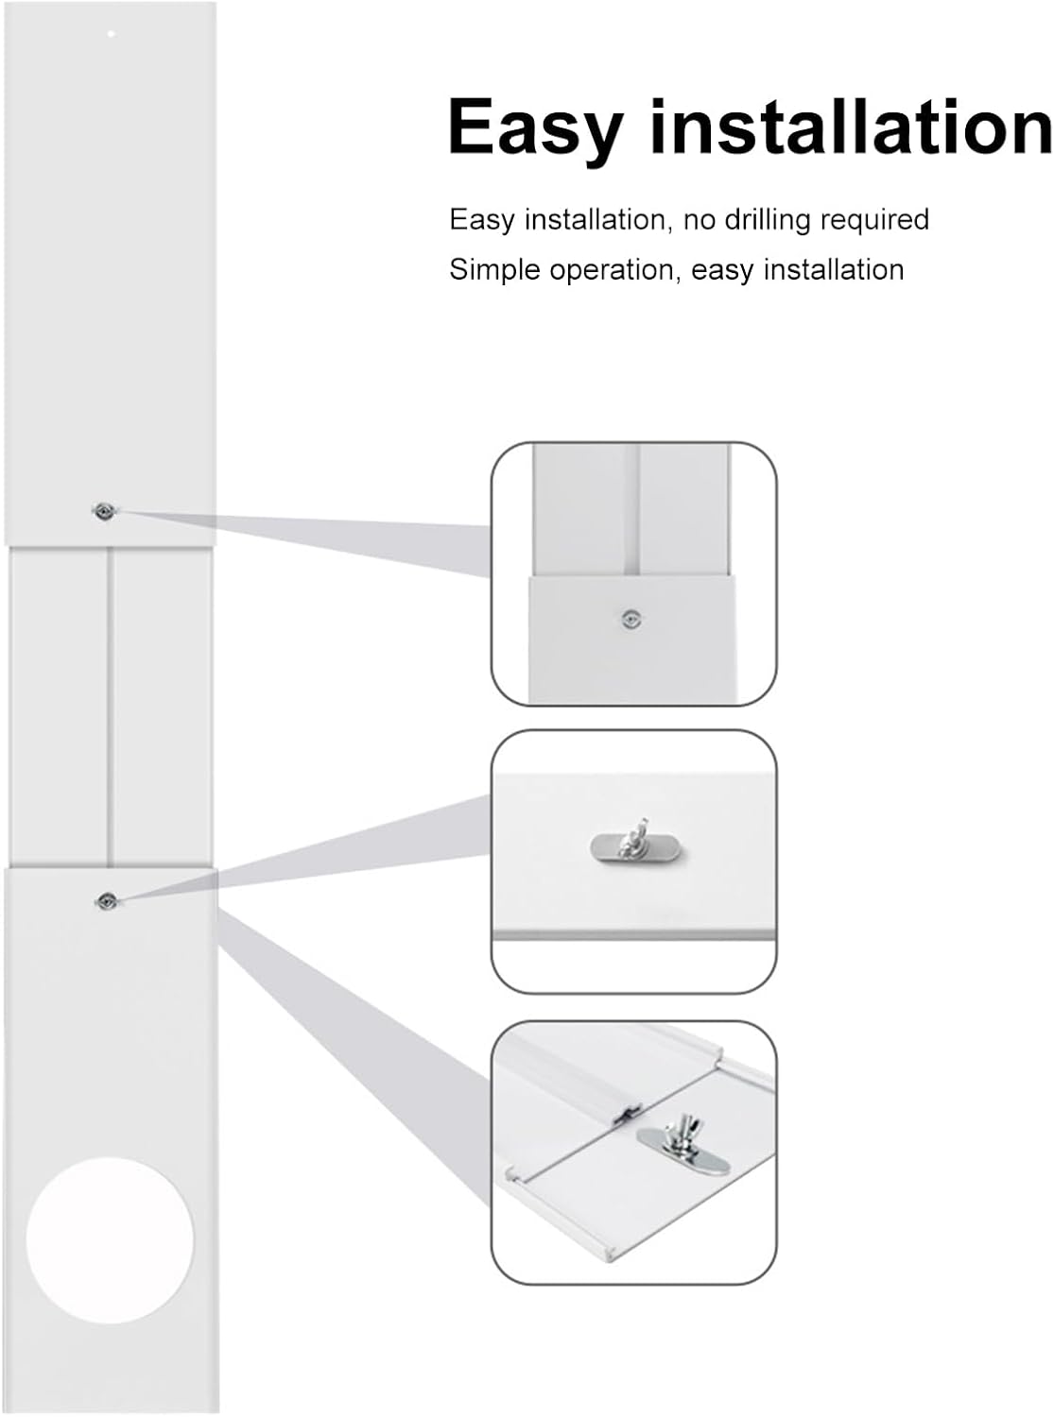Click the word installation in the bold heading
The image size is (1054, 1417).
click(851, 128)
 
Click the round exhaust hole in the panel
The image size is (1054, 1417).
click(110, 1239)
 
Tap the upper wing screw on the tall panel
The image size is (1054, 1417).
click(104, 511)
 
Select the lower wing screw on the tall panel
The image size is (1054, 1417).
click(106, 901)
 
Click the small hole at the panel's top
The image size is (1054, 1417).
click(111, 34)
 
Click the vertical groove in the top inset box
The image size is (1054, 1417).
click(632, 510)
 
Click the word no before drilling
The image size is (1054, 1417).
click(699, 220)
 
